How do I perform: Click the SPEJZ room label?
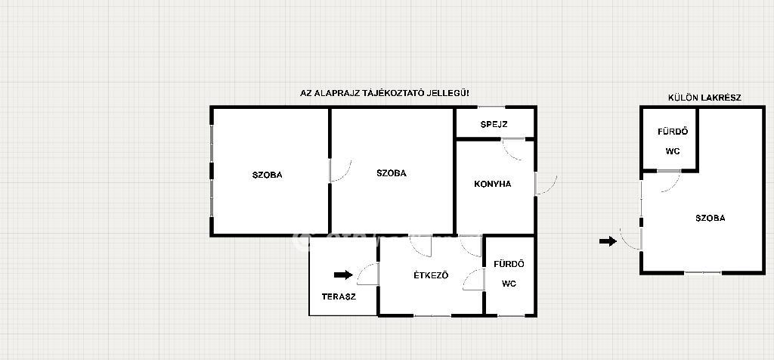pyautogui.click(x=494, y=125)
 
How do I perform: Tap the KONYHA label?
pyautogui.click(x=492, y=185)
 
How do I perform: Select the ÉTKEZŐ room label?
pyautogui.click(x=431, y=275)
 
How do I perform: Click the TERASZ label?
pyautogui.click(x=339, y=296)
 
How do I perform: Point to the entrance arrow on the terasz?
pyautogui.click(x=344, y=275)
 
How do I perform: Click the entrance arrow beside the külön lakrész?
pyautogui.click(x=608, y=241)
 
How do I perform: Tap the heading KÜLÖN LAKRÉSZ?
pyautogui.click(x=704, y=98)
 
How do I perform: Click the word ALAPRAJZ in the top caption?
pyautogui.click(x=339, y=93)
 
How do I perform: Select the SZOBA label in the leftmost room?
pyautogui.click(x=267, y=175)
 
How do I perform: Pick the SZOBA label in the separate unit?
pyautogui.click(x=711, y=218)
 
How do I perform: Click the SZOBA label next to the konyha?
pyautogui.click(x=392, y=173)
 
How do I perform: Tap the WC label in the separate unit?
pyautogui.click(x=672, y=151)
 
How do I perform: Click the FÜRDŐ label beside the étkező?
pyautogui.click(x=509, y=264)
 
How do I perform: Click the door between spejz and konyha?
pyautogui.click(x=513, y=150)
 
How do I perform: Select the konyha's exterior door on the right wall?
pyautogui.click(x=546, y=183)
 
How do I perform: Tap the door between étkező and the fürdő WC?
pyautogui.click(x=473, y=279)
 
